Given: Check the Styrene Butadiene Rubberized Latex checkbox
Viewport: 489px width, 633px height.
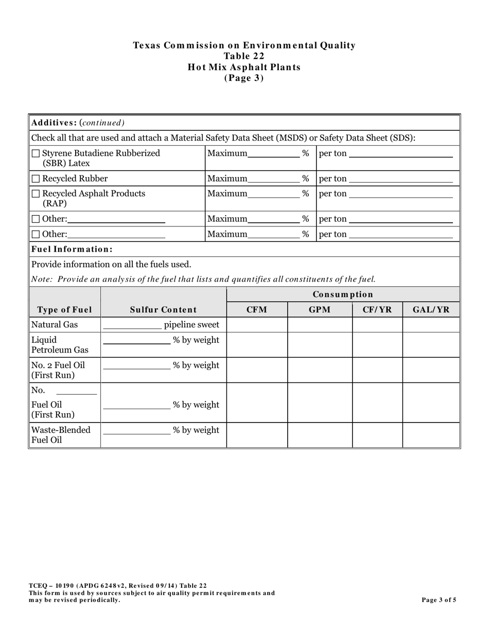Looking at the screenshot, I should pyautogui.click(x=36, y=153).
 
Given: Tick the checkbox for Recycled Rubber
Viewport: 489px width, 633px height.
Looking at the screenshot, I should pyautogui.click(x=36, y=179).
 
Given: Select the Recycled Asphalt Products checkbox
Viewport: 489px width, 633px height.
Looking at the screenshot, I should pyautogui.click(x=36, y=194).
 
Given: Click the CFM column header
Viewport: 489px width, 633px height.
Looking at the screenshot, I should pyautogui.click(x=257, y=309).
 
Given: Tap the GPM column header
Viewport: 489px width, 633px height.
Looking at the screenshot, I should pyautogui.click(x=320, y=309).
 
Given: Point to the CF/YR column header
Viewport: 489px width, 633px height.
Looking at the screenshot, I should pyautogui.click(x=377, y=309).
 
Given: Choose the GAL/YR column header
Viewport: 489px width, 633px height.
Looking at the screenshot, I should pyautogui.click(x=431, y=309).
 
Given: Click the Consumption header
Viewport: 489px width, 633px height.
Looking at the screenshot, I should pyautogui.click(x=343, y=294).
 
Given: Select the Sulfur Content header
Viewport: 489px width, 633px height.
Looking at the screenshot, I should pyautogui.click(x=163, y=309).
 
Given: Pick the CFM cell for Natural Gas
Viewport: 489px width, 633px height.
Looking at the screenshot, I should pyautogui.click(x=257, y=325).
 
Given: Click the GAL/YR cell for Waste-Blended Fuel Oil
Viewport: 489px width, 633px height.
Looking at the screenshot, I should pyautogui.click(x=431, y=435).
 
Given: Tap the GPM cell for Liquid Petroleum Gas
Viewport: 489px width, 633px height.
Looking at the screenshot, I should pyautogui.click(x=320, y=345).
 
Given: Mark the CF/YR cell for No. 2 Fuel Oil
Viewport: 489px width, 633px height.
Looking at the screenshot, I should pyautogui.click(x=377, y=370).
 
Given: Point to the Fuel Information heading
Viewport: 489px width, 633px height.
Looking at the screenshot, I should pyautogui.click(x=72, y=249).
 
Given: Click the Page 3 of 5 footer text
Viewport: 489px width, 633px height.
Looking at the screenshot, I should pyautogui.click(x=439, y=600).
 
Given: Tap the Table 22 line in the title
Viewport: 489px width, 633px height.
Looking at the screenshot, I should pyautogui.click(x=244, y=56).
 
